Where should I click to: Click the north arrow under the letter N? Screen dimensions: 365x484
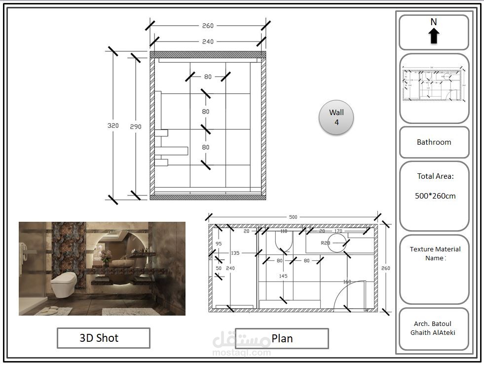click(434, 36)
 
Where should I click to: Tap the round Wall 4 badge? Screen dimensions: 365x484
click(336, 118)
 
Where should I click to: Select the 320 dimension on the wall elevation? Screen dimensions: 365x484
click(113, 126)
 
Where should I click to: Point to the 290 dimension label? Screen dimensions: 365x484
click(136, 127)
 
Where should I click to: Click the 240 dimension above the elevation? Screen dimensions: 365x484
click(208, 42)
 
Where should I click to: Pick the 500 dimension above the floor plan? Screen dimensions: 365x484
click(293, 217)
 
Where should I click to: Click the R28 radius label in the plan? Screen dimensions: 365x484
click(326, 243)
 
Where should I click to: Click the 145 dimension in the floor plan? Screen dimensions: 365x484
click(283, 276)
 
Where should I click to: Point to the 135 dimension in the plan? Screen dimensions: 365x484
click(235, 253)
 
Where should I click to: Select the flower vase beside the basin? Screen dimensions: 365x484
click(105, 257)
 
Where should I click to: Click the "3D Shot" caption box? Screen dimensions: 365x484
click(103, 338)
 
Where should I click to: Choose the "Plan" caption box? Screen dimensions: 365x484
click(282, 338)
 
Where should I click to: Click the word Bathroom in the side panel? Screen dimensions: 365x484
click(434, 142)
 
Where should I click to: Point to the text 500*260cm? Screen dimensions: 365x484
click(435, 196)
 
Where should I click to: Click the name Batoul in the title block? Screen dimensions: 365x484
click(441, 324)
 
